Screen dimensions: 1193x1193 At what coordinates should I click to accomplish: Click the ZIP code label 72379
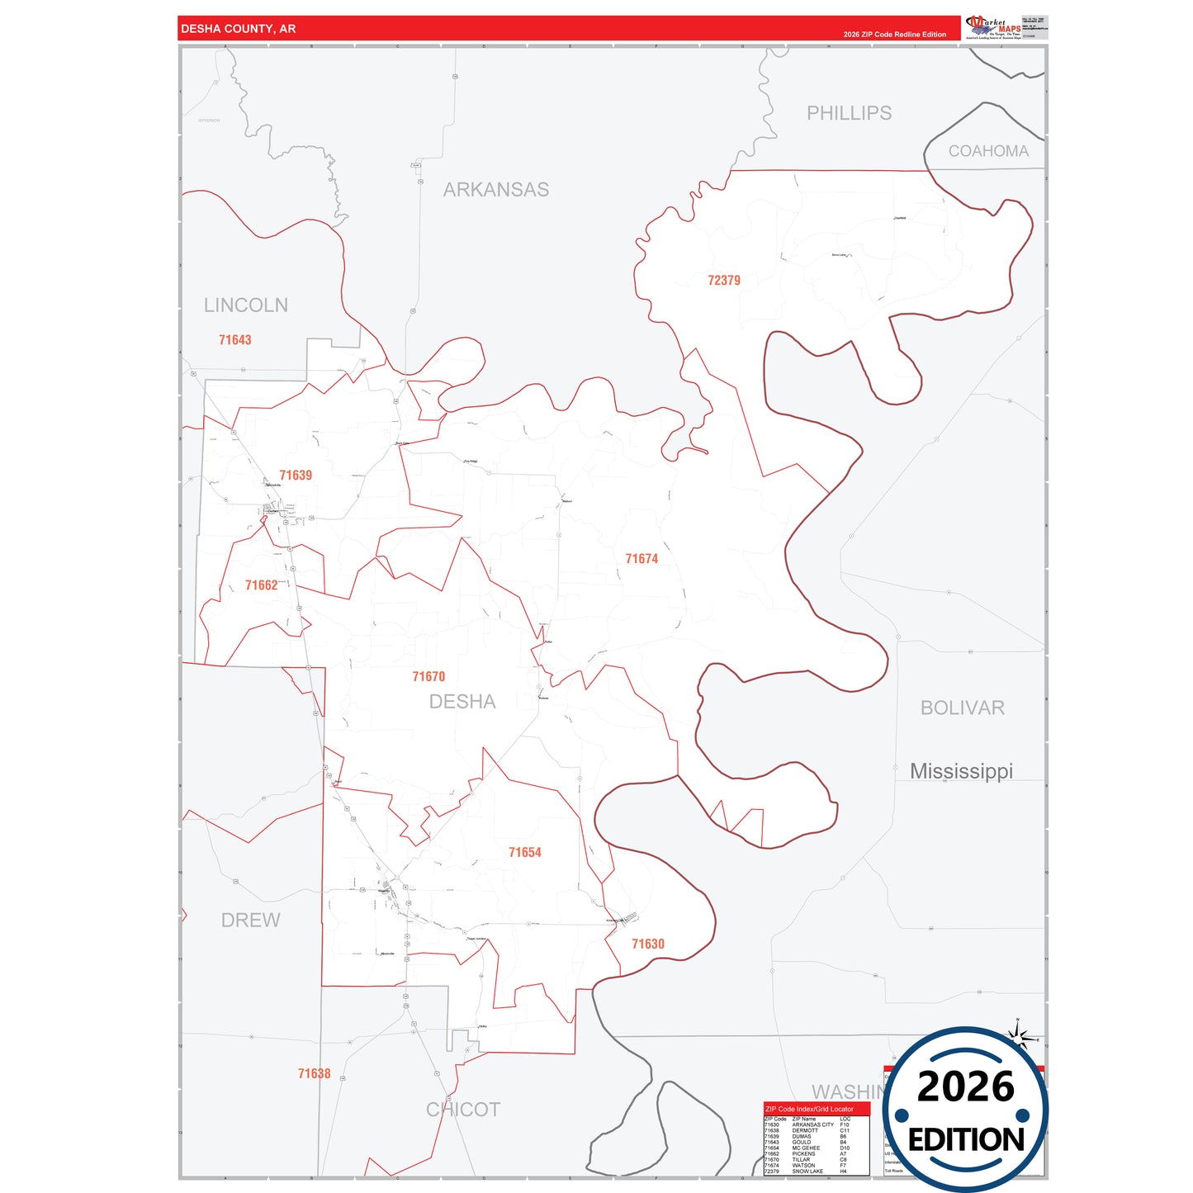pyautogui.click(x=723, y=281)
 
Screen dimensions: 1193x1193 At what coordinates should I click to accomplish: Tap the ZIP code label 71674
pyautogui.click(x=641, y=559)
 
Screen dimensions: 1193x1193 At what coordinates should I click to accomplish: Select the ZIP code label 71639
pyautogui.click(x=296, y=476)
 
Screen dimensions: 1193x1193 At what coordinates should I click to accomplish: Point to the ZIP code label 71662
pyautogui.click(x=261, y=585)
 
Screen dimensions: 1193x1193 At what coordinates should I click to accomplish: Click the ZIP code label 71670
pyautogui.click(x=428, y=677)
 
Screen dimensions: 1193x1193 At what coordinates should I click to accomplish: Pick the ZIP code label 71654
pyautogui.click(x=524, y=853)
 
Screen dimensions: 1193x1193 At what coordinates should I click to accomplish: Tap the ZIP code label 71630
pyautogui.click(x=647, y=944)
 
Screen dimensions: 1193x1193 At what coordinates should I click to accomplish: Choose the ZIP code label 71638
pyautogui.click(x=314, y=1074)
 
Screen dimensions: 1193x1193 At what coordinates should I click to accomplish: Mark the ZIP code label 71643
pyautogui.click(x=234, y=340)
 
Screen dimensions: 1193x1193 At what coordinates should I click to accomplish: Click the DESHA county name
pyautogui.click(x=462, y=702)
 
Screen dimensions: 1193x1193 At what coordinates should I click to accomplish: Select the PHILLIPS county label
pyautogui.click(x=849, y=113)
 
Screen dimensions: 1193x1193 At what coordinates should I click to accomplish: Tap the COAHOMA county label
pyautogui.click(x=988, y=151)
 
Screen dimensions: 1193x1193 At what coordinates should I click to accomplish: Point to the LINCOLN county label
pyautogui.click(x=246, y=305)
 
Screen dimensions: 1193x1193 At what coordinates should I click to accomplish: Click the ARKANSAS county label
pyautogui.click(x=495, y=190)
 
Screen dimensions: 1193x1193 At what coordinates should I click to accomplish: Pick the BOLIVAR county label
pyautogui.click(x=962, y=708)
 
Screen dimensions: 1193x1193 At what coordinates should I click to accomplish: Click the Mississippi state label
pyautogui.click(x=961, y=771)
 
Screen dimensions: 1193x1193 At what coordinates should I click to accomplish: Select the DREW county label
pyautogui.click(x=250, y=921)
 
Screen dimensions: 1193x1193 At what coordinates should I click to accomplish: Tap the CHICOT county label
pyautogui.click(x=463, y=1110)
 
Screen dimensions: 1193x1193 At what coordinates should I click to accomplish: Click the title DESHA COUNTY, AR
pyautogui.click(x=238, y=29)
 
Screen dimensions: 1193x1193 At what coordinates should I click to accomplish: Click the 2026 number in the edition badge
pyautogui.click(x=965, y=1087)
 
